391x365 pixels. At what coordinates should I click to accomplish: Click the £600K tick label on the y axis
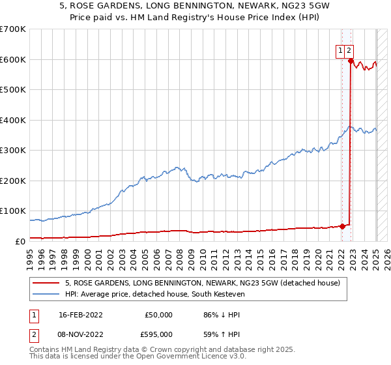tap(13, 59)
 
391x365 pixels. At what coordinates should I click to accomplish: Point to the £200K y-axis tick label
tap(13, 181)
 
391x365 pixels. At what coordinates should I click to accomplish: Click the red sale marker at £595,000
tap(351, 61)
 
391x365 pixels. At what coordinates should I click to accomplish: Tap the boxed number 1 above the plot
tap(340, 51)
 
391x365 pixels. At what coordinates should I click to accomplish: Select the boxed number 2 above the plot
tap(349, 51)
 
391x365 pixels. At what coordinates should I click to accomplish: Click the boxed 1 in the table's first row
tap(33, 315)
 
